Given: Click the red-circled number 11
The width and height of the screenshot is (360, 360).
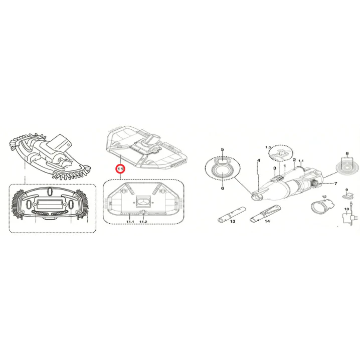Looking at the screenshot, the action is (120, 169).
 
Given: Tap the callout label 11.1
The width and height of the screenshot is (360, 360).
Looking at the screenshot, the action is (130, 222).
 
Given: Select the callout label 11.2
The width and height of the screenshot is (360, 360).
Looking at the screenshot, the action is (143, 222).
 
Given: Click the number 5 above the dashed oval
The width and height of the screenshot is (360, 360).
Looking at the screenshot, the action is (222, 149).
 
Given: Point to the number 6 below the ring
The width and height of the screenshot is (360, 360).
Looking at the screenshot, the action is (223, 188).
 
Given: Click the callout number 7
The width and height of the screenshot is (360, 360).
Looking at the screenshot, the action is (335, 183).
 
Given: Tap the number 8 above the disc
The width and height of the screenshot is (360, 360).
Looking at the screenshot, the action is (347, 153).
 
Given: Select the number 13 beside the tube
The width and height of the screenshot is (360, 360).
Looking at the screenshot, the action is (233, 221).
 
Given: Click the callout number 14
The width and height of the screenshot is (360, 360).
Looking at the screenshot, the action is (267, 221).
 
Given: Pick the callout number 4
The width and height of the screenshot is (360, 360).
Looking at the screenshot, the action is (259, 160).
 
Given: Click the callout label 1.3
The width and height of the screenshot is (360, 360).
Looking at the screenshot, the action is (268, 147).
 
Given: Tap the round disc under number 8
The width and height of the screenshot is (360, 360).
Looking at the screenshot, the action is (347, 167).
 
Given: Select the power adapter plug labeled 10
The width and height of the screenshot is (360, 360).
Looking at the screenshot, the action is (348, 218).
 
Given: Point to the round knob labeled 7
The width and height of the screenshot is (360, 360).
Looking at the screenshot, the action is (315, 183).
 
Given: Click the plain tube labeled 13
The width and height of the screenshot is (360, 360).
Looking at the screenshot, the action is (232, 214).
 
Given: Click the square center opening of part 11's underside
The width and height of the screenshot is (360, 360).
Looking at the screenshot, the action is (143, 202).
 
